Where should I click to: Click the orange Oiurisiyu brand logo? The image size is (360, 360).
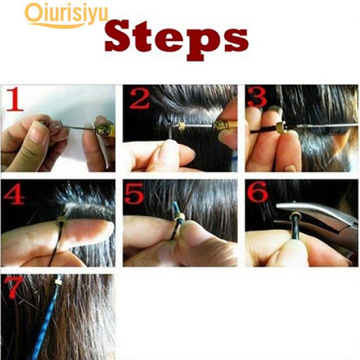pos(66,16)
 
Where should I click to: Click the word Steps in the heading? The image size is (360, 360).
pos(176,40)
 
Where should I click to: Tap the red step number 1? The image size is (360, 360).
pos(15,99)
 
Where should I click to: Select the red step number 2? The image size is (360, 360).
pos(140,99)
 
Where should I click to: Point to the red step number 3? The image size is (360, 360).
pos(258,97)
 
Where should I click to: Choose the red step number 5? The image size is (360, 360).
pos(134,194)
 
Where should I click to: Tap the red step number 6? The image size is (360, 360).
pos(258,192)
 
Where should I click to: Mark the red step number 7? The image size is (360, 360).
pos(14,287)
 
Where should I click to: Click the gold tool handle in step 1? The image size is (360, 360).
pos(105,130)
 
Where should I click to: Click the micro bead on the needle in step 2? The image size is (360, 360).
pos(182,126)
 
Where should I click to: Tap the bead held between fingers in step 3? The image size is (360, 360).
pos(281,127)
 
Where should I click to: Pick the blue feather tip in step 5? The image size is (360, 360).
pos(175,207)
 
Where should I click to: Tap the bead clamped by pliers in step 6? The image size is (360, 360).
pos(295,216)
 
